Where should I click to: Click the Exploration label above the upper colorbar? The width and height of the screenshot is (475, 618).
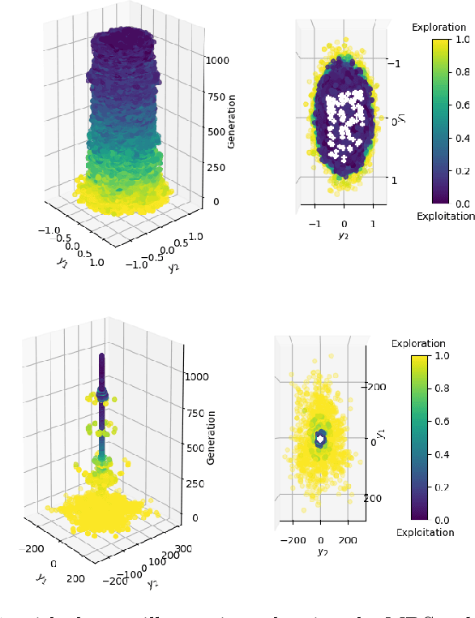pyautogui.click(x=439, y=28)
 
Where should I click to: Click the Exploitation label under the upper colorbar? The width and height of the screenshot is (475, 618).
pyautogui.click(x=445, y=216)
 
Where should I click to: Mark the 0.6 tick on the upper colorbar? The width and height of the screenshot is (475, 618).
pyautogui.click(x=464, y=105)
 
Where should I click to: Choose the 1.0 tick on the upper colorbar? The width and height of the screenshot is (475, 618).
pyautogui.click(x=464, y=38)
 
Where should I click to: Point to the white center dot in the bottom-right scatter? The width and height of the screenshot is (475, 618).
pyautogui.click(x=320, y=439)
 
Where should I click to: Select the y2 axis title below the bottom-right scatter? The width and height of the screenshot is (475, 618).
pyautogui.click(x=322, y=551)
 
